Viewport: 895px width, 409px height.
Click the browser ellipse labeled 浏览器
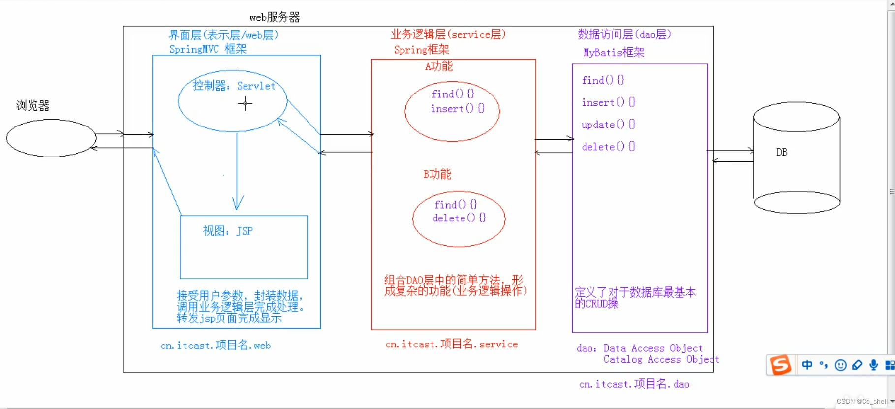51,138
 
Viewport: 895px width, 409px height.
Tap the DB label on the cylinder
782,153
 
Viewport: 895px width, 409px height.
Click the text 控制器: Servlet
234,86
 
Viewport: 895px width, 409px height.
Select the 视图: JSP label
228,231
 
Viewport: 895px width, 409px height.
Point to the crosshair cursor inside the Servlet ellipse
245,103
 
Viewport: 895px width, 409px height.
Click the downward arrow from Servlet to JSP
237,172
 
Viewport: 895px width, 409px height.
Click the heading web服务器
275,18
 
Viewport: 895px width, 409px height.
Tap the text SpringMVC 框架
208,49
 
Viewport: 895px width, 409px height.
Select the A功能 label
438,66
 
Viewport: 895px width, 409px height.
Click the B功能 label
437,174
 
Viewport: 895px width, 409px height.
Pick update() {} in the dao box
608,125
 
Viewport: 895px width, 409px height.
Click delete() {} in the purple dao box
608,147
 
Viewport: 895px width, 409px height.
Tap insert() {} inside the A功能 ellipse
457,109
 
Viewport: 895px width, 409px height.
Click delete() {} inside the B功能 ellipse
459,218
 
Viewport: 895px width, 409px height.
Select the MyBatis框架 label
614,53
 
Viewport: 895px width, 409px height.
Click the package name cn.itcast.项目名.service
451,344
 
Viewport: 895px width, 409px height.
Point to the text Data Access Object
653,348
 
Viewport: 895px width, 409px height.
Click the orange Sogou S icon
780,365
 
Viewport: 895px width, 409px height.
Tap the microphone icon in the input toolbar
873,365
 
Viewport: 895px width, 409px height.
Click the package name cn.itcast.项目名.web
216,346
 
